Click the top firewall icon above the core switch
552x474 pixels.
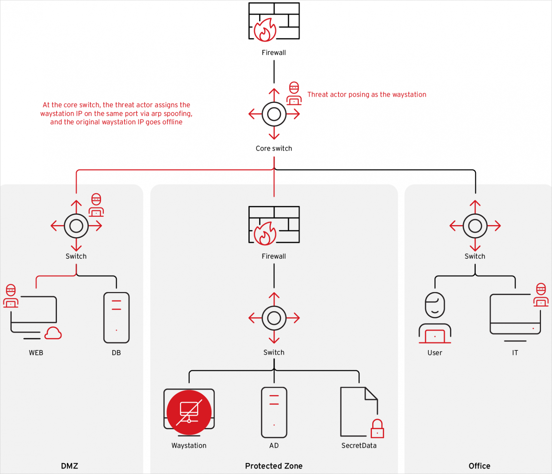(274, 21)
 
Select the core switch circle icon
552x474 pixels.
(274, 114)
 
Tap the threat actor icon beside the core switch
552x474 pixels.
(294, 94)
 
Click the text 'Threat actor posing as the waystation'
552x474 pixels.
(367, 95)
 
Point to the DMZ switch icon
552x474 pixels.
(76, 226)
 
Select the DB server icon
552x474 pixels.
(117, 318)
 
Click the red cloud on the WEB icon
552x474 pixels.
(53, 333)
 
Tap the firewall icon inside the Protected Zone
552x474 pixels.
(274, 225)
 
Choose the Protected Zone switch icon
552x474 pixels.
(274, 318)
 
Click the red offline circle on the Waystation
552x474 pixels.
(189, 412)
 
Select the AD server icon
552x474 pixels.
(274, 412)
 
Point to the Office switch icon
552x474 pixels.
(475, 226)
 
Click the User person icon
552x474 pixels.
(435, 318)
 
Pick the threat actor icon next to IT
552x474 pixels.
(541, 295)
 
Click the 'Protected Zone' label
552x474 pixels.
(274, 466)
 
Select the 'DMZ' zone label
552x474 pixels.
(69, 466)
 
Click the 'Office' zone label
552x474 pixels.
(479, 466)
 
